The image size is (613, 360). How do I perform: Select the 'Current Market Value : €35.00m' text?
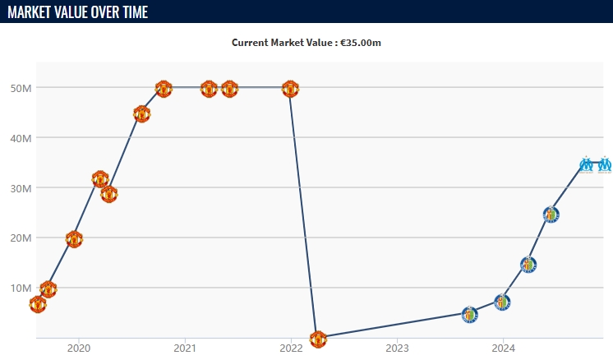[x=306, y=43]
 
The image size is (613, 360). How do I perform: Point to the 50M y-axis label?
[x=21, y=88]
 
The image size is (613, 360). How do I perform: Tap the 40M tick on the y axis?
[x=21, y=138]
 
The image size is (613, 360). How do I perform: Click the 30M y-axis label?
[x=21, y=188]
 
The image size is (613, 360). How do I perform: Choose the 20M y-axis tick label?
[x=21, y=238]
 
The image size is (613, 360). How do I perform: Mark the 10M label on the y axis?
[x=21, y=288]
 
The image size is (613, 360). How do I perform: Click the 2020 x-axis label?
[x=79, y=348]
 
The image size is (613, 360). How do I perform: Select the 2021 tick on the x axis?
[x=185, y=348]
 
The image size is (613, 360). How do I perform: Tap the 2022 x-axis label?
[x=291, y=348]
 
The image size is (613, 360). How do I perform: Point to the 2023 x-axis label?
[x=397, y=348]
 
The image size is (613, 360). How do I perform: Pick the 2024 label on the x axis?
[x=503, y=348]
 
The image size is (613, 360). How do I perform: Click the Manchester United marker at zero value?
[x=318, y=339]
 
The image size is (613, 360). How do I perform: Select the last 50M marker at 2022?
[x=290, y=89]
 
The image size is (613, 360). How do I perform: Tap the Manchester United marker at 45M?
[x=141, y=114]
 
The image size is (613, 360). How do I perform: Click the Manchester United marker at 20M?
[x=74, y=239]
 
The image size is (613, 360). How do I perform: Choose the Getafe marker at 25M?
[x=551, y=215]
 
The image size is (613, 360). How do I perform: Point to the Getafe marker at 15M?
[x=528, y=265]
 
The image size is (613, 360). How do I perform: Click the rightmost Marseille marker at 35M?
[x=605, y=164]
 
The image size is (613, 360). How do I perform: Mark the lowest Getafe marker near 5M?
[x=469, y=314]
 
